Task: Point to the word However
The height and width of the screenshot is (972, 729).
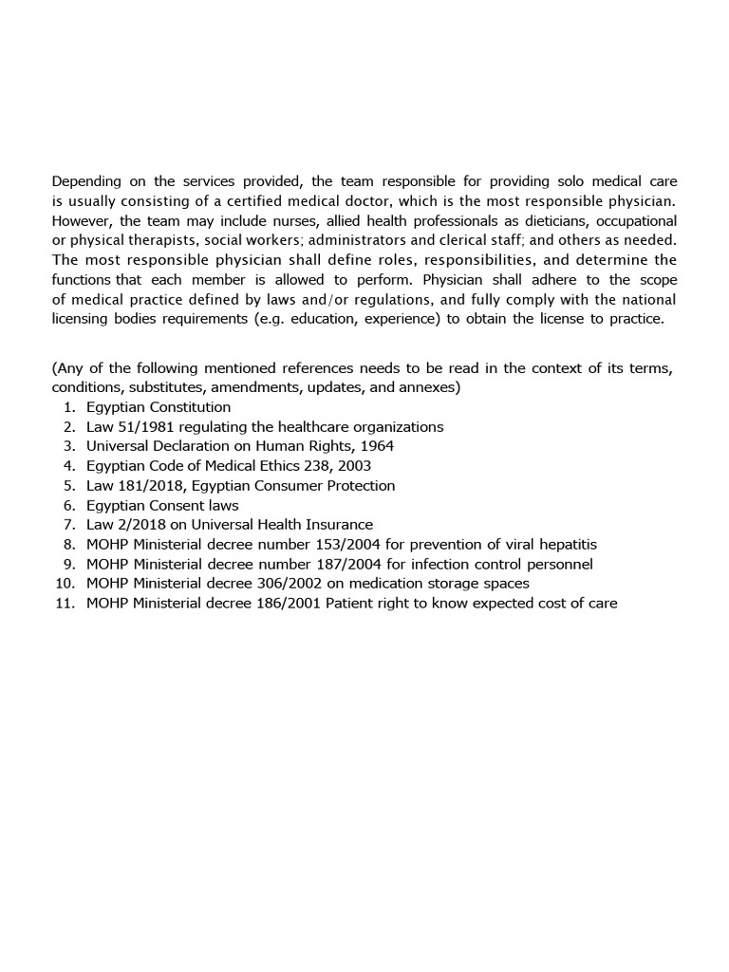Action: [82, 220]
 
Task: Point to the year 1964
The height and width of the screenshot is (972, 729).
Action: [376, 446]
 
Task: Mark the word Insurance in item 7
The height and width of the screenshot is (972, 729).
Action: [340, 524]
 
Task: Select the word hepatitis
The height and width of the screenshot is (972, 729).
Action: [566, 544]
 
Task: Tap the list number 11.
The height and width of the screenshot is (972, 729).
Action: [65, 603]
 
